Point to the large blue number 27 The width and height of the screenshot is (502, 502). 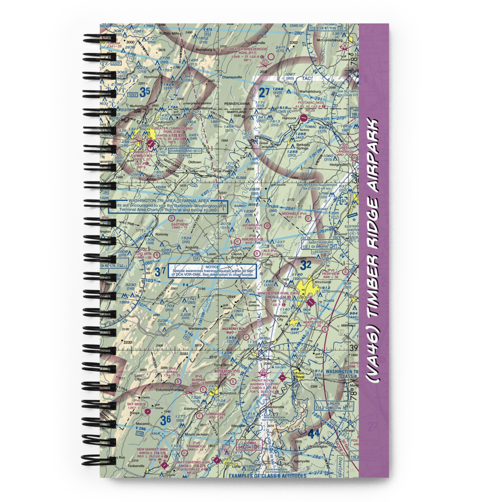265,92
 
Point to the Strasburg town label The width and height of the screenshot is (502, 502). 256,359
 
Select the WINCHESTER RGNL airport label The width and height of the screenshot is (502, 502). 276,293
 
